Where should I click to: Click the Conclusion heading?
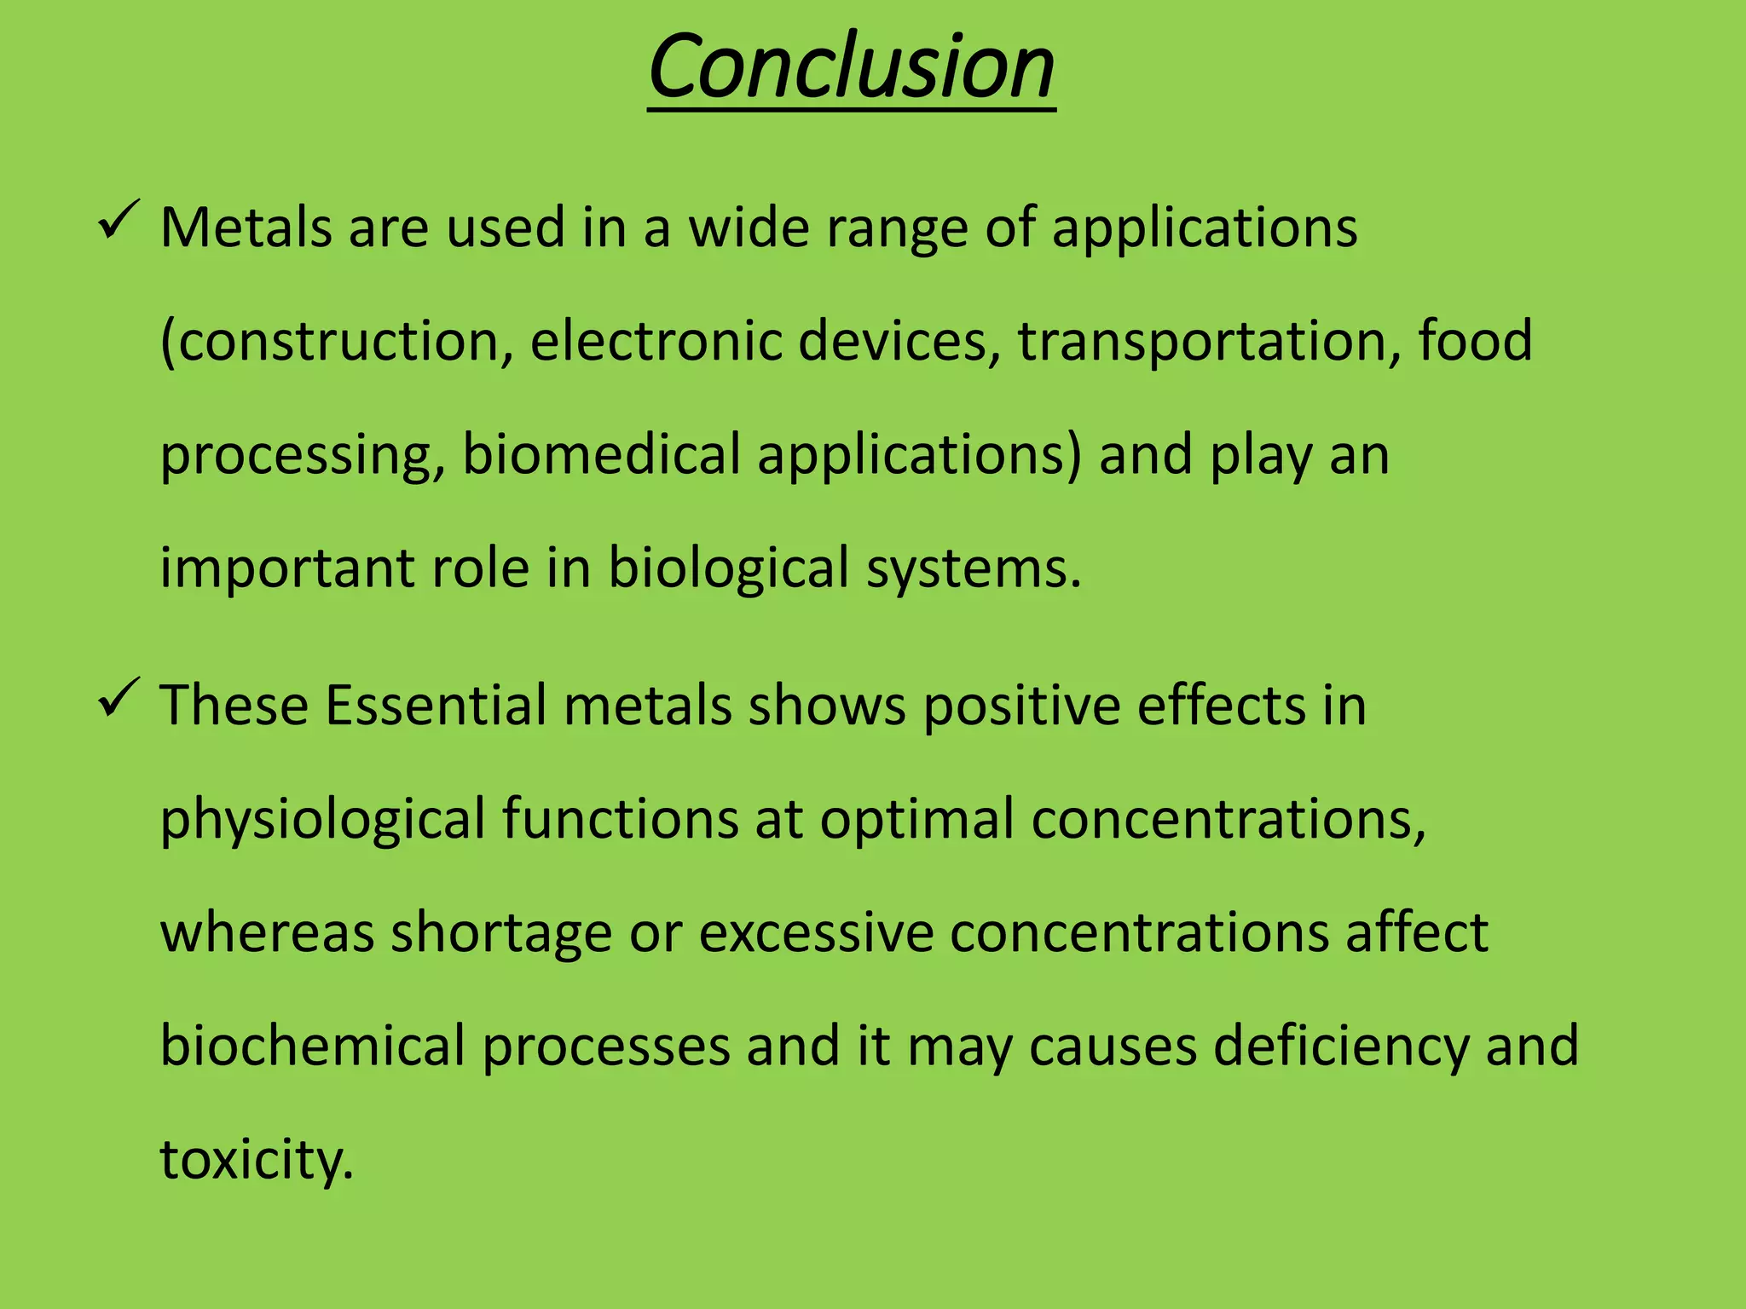(x=851, y=66)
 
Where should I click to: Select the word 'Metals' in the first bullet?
(x=246, y=228)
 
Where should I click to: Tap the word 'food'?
(x=1475, y=341)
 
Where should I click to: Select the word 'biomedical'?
(x=601, y=454)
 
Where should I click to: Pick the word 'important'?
(x=286, y=568)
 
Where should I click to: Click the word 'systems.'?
(x=974, y=568)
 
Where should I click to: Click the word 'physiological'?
(x=322, y=820)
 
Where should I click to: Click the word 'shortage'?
(x=501, y=933)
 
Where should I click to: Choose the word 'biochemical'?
(x=312, y=1046)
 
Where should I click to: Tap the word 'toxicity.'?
(x=256, y=1160)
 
